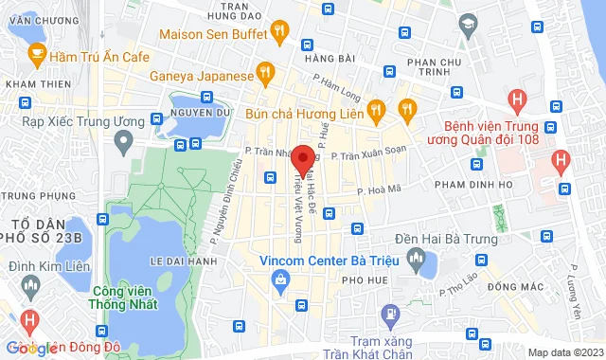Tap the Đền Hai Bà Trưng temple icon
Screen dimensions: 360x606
pyautogui.click(x=413, y=257)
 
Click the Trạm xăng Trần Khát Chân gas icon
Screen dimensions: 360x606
pyautogui.click(x=389, y=314)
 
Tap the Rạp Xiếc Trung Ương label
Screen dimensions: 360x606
pyautogui.click(x=80, y=121)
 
